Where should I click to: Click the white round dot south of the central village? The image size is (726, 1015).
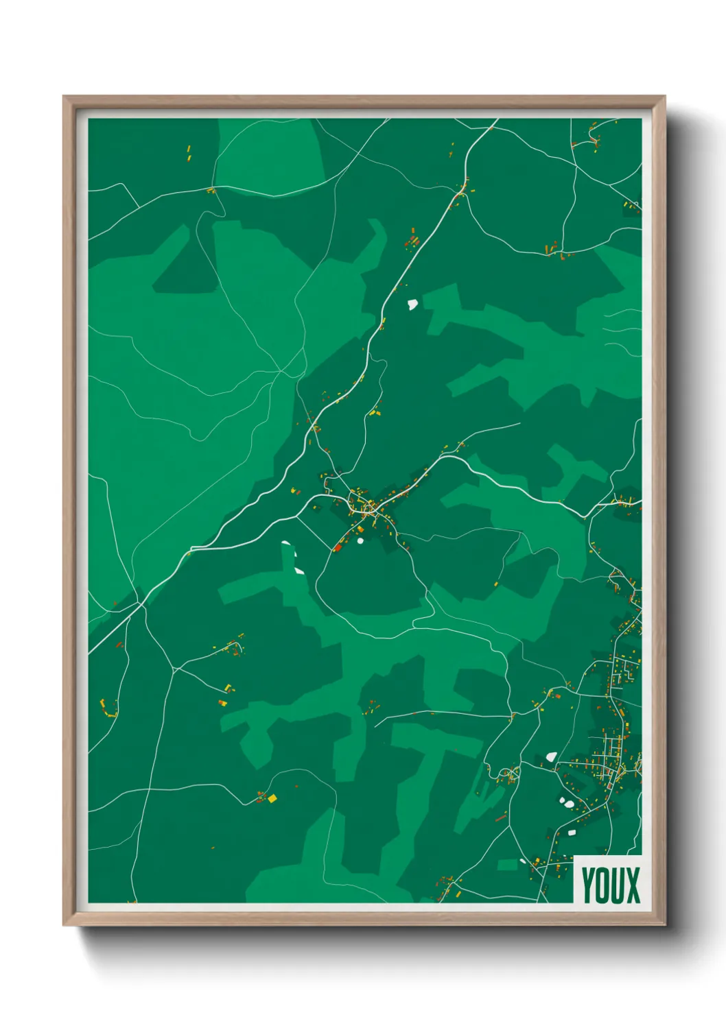coord(360,540)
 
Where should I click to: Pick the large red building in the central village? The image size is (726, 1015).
coord(338,547)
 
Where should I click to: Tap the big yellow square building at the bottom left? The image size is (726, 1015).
coord(272,798)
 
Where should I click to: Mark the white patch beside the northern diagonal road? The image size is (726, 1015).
coord(412,303)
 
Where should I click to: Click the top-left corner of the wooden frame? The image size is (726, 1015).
coord(64,97)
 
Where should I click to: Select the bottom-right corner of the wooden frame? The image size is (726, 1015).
coord(664,925)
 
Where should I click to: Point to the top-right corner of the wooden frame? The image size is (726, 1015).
coord(664,97)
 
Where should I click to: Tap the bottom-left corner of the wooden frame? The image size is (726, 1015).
coord(64,925)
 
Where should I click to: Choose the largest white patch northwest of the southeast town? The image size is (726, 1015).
coord(550,757)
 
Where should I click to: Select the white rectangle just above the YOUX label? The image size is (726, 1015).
coord(572,832)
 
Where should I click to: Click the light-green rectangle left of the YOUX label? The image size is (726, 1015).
coord(507,865)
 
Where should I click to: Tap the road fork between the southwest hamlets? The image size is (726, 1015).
coord(174,669)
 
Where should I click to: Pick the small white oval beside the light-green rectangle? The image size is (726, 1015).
coord(523,861)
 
